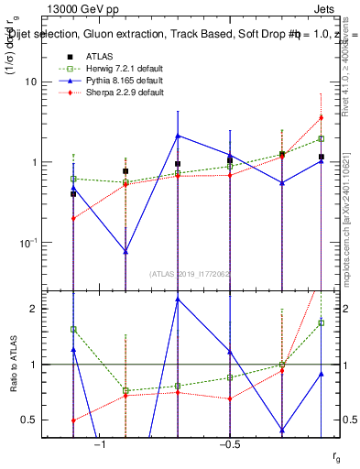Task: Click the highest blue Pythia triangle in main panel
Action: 178,136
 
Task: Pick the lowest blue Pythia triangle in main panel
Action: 125,250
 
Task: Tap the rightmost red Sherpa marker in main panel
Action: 321,117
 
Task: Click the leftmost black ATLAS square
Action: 73,194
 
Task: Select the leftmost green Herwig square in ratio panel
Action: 73,329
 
